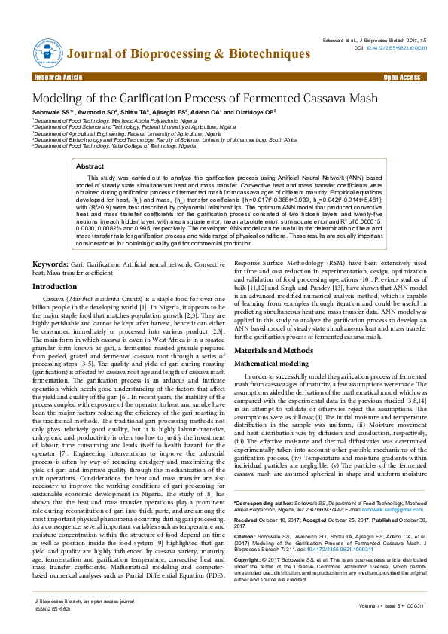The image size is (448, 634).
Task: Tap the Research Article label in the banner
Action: [58, 78]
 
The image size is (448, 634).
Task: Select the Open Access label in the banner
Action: [401, 78]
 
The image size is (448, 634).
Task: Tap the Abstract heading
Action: [90, 166]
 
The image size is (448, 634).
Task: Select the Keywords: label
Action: [50, 264]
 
